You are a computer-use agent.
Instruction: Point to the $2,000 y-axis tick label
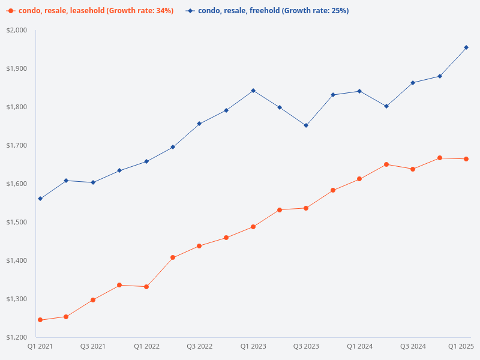click(x=17, y=31)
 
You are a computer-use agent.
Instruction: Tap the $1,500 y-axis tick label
click(x=17, y=222)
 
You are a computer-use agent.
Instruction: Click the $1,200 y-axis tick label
click(x=17, y=337)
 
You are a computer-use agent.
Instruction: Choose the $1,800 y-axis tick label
click(x=17, y=107)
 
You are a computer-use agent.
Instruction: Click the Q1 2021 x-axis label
click(x=40, y=346)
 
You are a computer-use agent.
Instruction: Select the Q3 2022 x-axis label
click(x=199, y=346)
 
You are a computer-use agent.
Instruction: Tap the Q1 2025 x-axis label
click(x=461, y=346)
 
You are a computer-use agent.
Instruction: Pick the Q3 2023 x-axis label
click(x=306, y=346)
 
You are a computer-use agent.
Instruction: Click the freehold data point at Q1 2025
click(x=466, y=47)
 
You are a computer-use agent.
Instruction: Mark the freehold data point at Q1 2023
click(x=253, y=91)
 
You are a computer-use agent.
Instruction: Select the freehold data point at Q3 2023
click(x=306, y=125)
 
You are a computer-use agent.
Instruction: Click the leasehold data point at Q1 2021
click(x=40, y=320)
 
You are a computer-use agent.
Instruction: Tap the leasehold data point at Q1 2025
click(x=466, y=159)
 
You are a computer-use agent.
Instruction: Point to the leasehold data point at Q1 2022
click(x=146, y=287)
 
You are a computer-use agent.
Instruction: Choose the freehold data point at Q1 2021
click(x=40, y=199)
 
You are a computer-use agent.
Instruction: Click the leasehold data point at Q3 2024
click(x=413, y=169)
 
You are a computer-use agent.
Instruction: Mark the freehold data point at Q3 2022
click(x=199, y=124)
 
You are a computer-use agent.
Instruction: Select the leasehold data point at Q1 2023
click(x=253, y=227)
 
